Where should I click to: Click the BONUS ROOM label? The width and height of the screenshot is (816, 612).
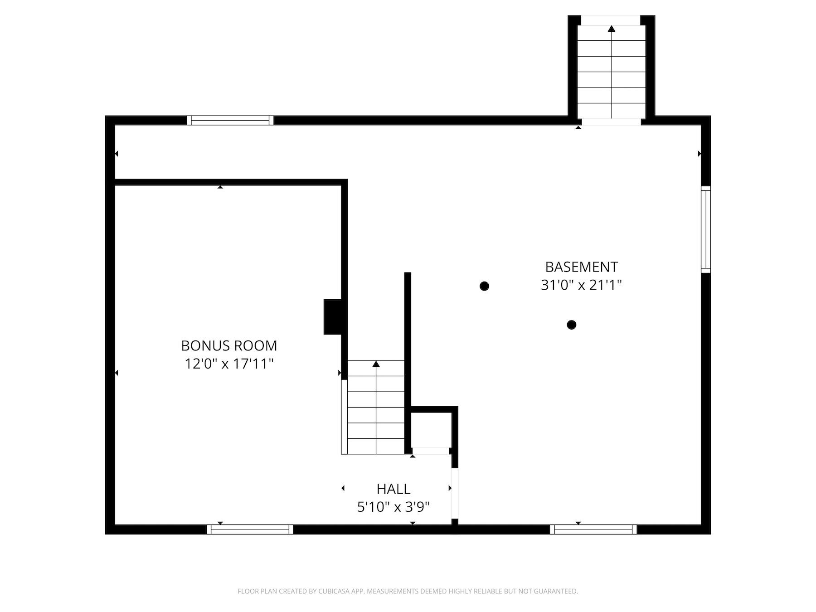click(x=229, y=345)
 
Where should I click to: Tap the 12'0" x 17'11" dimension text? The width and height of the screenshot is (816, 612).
click(x=229, y=364)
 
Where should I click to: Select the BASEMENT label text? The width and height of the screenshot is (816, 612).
click(x=581, y=267)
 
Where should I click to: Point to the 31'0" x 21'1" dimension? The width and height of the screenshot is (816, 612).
click(x=581, y=285)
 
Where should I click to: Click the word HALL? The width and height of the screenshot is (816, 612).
click(x=393, y=489)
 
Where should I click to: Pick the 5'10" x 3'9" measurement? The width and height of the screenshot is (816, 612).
click(x=393, y=507)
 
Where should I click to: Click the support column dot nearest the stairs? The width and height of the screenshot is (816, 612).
click(x=484, y=286)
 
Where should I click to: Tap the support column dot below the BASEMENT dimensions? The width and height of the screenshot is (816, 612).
click(x=571, y=325)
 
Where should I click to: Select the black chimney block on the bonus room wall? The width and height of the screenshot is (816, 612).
click(x=333, y=317)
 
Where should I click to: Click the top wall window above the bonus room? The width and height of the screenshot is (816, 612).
click(x=230, y=120)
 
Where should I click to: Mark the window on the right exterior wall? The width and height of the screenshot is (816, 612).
click(x=705, y=229)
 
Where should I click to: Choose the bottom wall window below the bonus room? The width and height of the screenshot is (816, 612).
click(x=250, y=529)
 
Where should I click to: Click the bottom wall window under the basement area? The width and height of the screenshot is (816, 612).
click(x=593, y=529)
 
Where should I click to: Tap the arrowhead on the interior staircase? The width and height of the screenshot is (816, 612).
click(x=376, y=364)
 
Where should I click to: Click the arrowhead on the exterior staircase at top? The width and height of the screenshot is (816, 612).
click(x=612, y=29)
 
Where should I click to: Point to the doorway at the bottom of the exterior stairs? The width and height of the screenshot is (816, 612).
click(x=611, y=121)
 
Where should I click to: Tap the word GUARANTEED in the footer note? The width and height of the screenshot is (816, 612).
click(x=558, y=591)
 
